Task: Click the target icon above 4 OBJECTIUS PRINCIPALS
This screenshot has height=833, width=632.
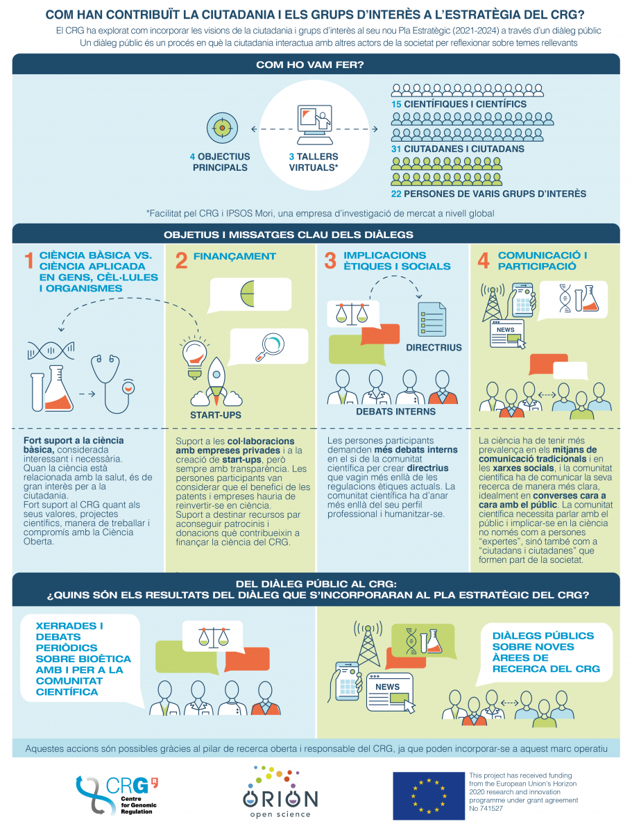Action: point(222,128)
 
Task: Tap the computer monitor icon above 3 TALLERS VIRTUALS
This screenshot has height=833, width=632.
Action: point(315,124)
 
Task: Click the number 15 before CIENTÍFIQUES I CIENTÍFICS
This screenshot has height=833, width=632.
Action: point(396,104)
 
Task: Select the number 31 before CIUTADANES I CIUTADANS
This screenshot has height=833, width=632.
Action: point(396,149)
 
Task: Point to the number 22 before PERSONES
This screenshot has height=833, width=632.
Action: point(396,194)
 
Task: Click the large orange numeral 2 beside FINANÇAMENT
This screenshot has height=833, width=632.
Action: point(181,261)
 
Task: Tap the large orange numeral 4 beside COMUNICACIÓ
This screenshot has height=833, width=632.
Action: point(484,260)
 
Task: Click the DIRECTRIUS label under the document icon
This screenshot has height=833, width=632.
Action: point(434,348)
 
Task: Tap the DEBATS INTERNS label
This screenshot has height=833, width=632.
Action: point(396,412)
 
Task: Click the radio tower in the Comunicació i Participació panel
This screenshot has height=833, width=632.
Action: point(492,303)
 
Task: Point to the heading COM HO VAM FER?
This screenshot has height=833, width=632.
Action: point(309,65)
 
